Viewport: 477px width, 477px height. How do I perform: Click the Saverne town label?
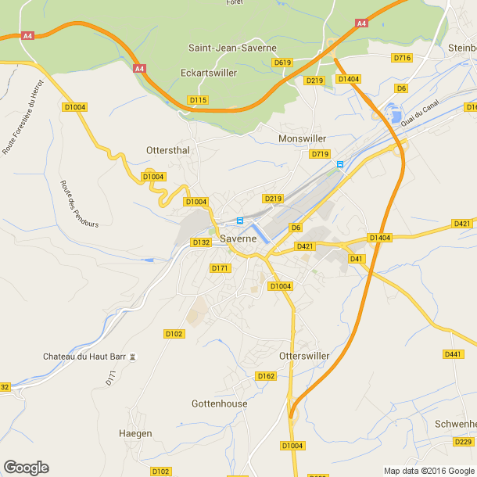click(238, 238)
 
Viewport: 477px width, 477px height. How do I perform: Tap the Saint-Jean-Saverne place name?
click(232, 48)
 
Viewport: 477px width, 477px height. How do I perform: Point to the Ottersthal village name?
click(168, 149)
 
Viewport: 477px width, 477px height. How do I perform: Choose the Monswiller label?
click(302, 138)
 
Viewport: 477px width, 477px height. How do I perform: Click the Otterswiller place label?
click(304, 356)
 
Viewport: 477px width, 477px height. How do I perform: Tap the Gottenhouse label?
click(219, 404)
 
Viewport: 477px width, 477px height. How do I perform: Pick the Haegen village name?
click(134, 433)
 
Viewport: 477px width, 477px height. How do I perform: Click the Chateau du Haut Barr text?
click(84, 357)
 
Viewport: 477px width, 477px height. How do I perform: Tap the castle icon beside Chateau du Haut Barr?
click(133, 357)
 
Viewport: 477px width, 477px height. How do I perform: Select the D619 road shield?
click(282, 62)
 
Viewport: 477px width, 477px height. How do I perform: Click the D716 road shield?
click(402, 58)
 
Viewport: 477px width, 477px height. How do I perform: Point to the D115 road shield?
click(198, 100)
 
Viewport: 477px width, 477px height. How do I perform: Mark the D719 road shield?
click(320, 154)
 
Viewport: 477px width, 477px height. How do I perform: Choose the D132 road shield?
click(201, 242)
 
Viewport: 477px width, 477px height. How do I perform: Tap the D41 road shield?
click(357, 258)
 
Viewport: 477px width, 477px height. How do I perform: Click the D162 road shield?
click(266, 376)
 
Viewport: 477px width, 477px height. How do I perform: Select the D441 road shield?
click(453, 354)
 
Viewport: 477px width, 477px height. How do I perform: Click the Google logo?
click(26, 467)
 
